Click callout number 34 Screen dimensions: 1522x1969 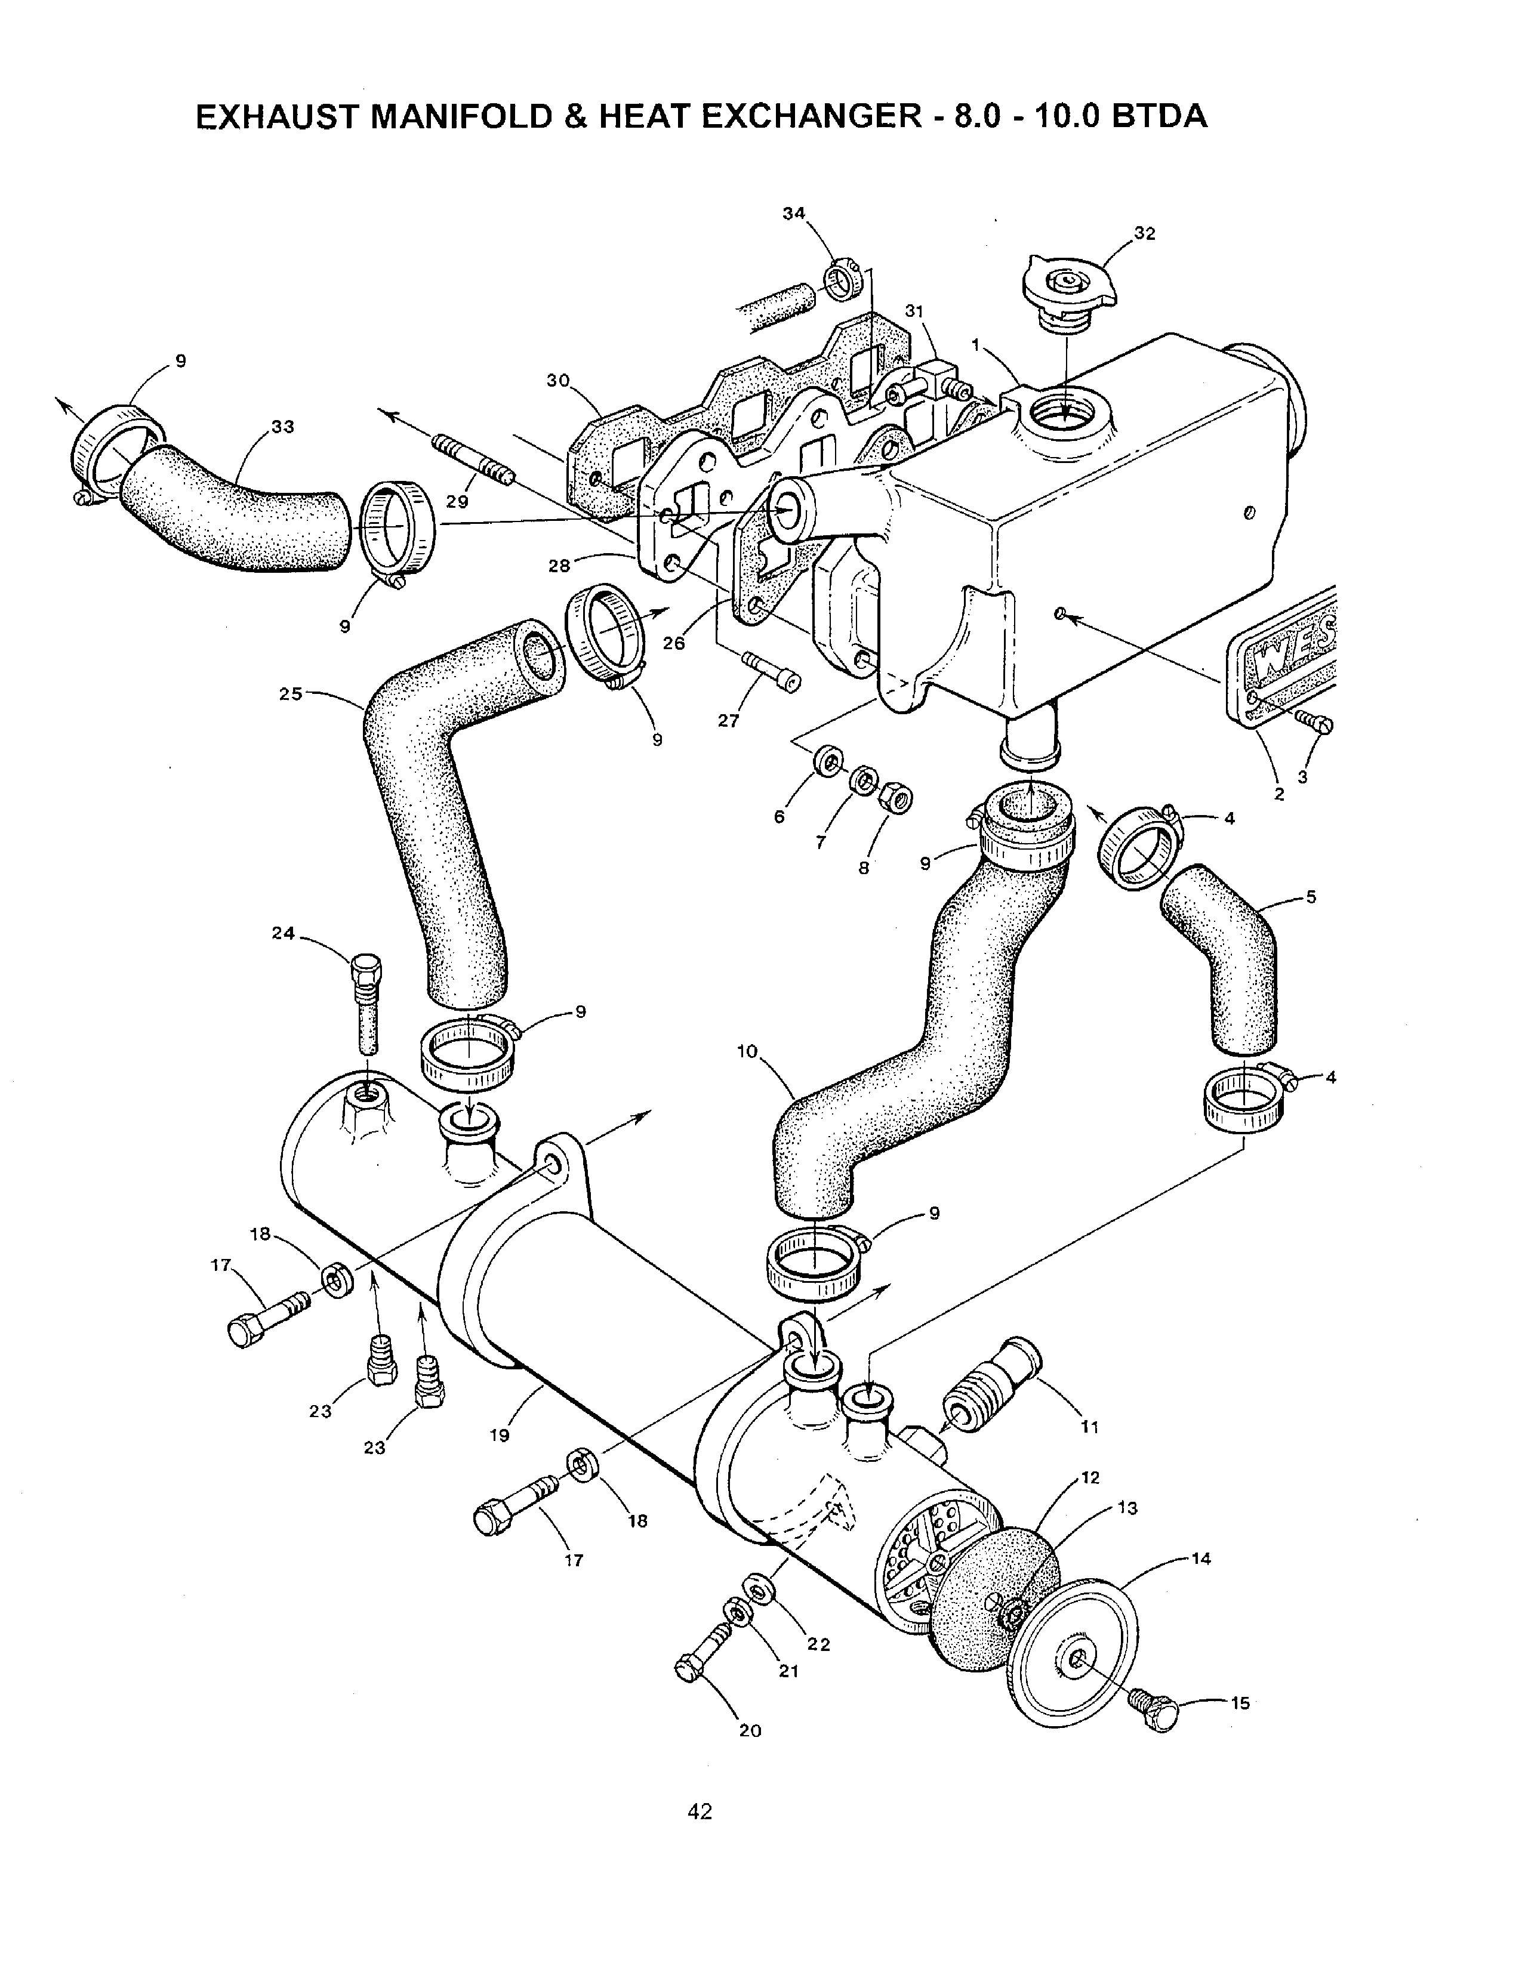[x=793, y=214]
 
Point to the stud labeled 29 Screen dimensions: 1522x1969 [x=473, y=460]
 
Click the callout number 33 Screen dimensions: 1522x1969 [x=283, y=427]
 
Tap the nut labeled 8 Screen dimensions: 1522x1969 [x=897, y=797]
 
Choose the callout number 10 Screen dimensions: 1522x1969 [x=747, y=1051]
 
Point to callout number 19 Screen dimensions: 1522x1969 [x=500, y=1435]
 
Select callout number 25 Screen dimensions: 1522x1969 [x=290, y=694]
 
